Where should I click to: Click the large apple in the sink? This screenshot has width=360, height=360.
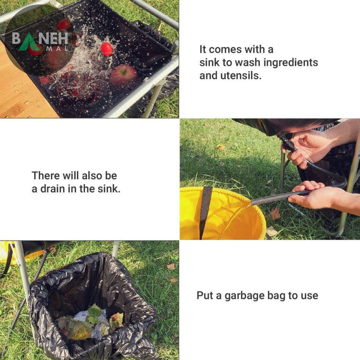pos(123,74)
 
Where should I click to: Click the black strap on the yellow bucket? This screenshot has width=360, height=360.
pos(205,211)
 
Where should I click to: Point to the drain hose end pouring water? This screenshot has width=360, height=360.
pos(254,202)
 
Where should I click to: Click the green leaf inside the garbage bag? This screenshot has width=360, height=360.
pos(95,312)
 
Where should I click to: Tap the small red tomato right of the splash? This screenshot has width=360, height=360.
pos(107,49)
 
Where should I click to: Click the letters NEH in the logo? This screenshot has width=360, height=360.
pos(53,38)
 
